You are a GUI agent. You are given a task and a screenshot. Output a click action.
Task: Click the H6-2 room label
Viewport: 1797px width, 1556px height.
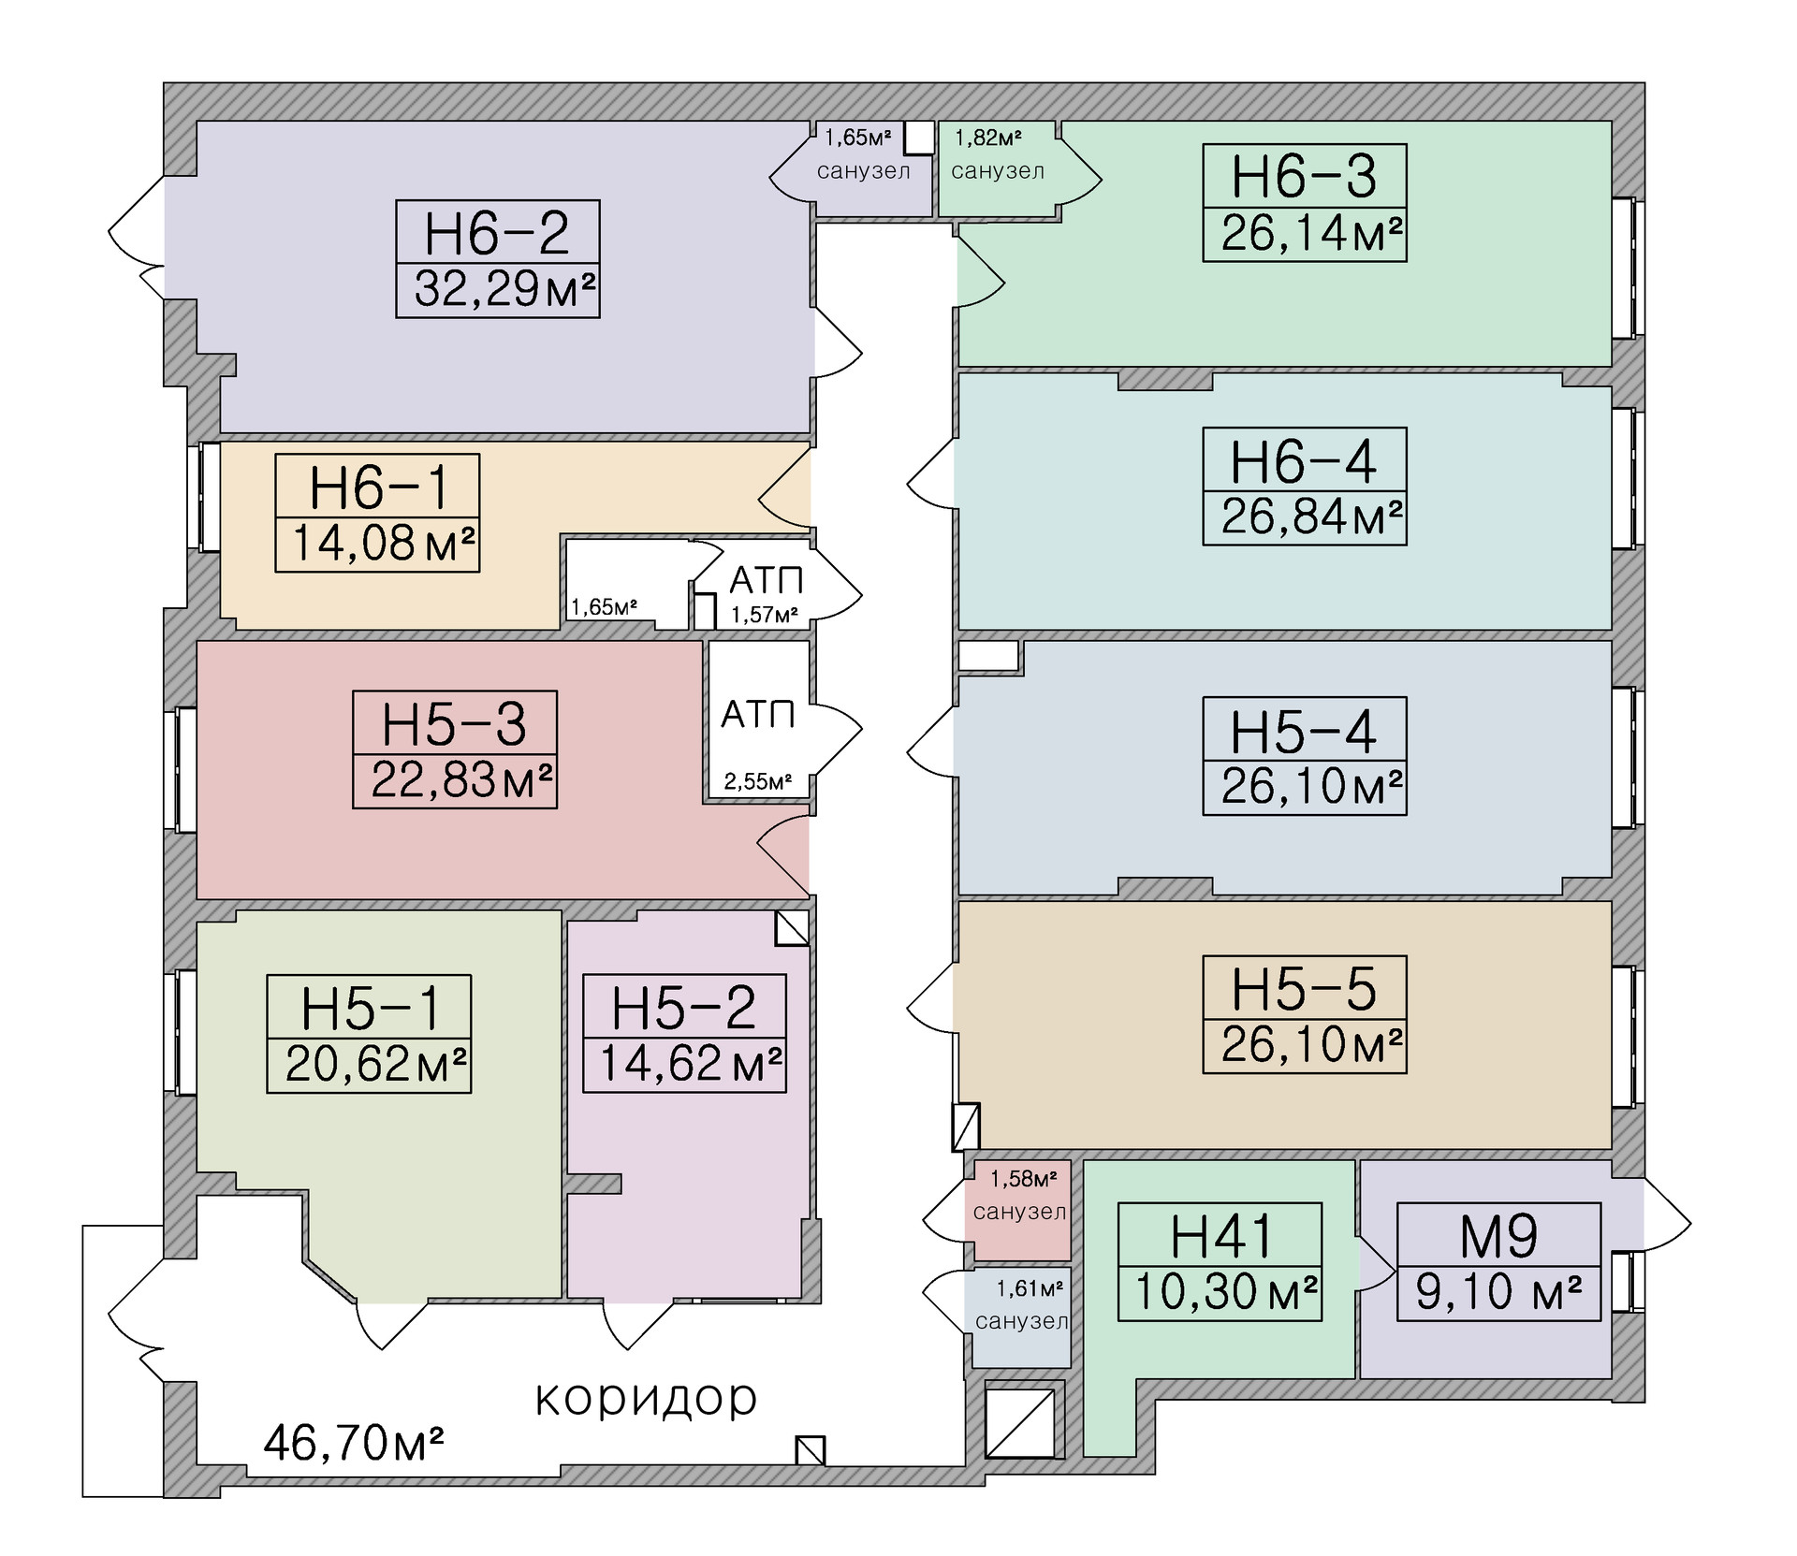pyautogui.click(x=497, y=233)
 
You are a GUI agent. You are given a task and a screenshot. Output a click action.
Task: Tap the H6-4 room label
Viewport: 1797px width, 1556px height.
pyautogui.click(x=1304, y=460)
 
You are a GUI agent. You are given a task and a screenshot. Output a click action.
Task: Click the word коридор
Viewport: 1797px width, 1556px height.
pyautogui.click(x=646, y=1399)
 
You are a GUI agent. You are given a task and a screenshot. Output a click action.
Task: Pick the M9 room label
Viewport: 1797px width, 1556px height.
pyautogui.click(x=1498, y=1236)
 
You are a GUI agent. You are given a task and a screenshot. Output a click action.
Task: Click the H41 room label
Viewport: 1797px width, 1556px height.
pyautogui.click(x=1220, y=1236)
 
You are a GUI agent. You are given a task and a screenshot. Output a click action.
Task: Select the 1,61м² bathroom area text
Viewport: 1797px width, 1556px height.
pyautogui.click(x=1030, y=1288)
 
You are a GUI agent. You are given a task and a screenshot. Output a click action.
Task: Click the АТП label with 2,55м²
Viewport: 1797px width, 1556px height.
pyautogui.click(x=758, y=715)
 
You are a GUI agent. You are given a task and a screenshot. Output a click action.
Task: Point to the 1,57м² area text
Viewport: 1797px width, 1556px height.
pyautogui.click(x=765, y=615)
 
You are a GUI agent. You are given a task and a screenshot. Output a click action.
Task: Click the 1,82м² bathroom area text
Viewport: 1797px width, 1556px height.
pyautogui.click(x=988, y=138)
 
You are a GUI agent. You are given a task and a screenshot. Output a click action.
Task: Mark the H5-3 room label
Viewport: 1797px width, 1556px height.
pyautogui.click(x=455, y=723)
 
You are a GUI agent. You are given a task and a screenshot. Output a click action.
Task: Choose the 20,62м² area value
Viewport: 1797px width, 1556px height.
pyautogui.click(x=376, y=1064)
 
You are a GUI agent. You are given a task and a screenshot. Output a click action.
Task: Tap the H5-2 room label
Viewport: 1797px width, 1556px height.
pyautogui.click(x=684, y=1008)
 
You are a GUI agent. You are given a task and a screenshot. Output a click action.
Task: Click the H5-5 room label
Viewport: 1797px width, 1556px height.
pyautogui.click(x=1304, y=989)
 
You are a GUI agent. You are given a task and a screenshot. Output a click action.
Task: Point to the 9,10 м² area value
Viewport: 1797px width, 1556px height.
pyautogui.click(x=1498, y=1292)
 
